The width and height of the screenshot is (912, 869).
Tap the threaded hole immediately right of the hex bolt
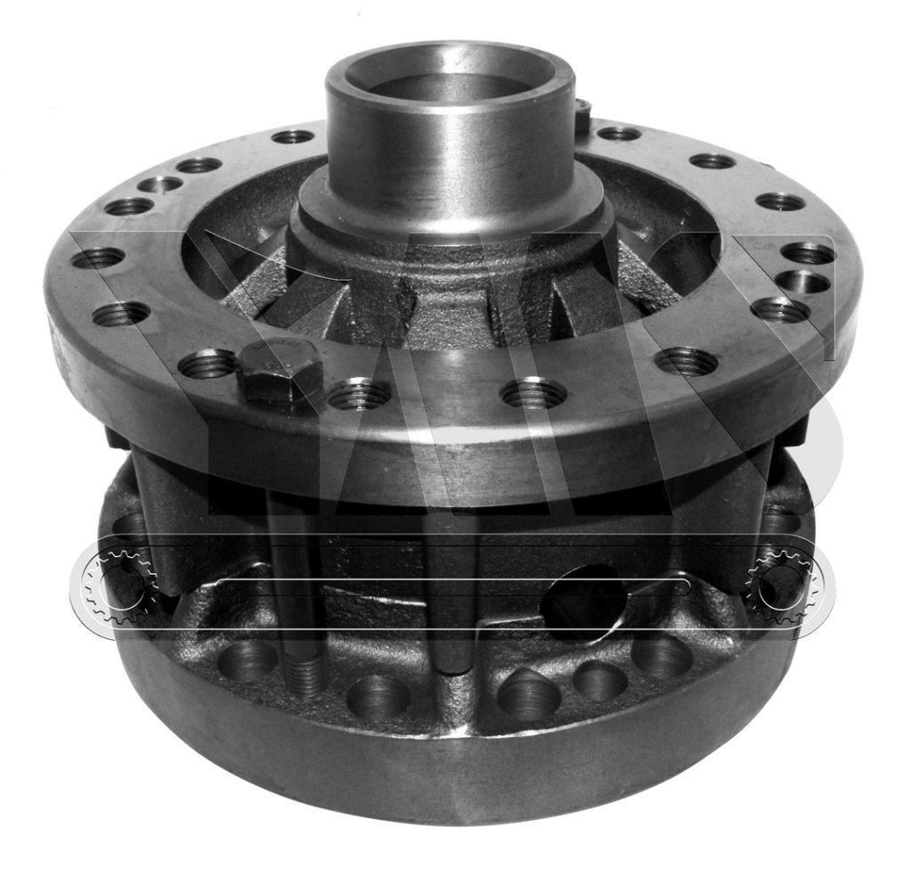click(358, 393)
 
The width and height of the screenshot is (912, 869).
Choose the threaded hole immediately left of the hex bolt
click(208, 363)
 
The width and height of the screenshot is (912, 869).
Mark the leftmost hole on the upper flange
click(97, 258)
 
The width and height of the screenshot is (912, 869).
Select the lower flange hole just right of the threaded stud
click(378, 696)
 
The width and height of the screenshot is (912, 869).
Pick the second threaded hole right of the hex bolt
click(533, 392)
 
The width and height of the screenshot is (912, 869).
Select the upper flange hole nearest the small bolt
click(618, 134)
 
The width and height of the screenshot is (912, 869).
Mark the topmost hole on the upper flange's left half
click(293, 136)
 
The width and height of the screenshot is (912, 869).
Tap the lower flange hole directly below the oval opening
click(598, 681)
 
